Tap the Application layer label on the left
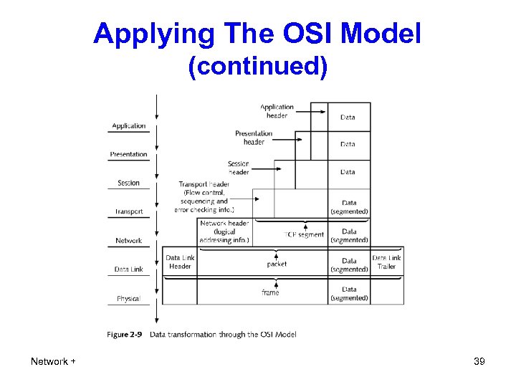129,126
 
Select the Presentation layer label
129,154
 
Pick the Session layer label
129,183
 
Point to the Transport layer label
129,211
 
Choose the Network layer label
129,241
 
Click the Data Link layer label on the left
129,269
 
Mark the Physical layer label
129,298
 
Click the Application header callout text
277,111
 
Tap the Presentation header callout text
254,137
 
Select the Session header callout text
239,168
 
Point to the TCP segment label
304,234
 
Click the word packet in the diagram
277,264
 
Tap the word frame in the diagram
270,292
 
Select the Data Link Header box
180,262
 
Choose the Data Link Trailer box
387,262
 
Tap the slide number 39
479,362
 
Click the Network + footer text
53,362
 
